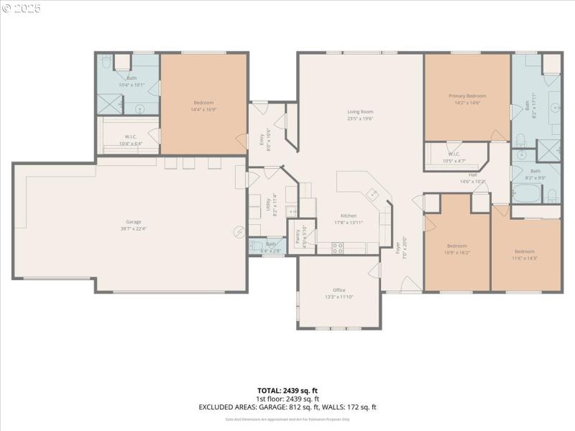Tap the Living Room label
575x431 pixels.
(x=360, y=111)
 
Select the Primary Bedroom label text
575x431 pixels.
(x=467, y=96)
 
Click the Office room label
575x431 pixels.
(x=339, y=289)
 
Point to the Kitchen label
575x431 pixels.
(x=349, y=215)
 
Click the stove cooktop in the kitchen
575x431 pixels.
(x=337, y=248)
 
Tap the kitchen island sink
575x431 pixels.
(x=373, y=193)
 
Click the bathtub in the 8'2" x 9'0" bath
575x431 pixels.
(x=523, y=193)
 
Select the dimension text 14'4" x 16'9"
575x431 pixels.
(x=203, y=110)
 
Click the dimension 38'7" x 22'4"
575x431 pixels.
(x=134, y=229)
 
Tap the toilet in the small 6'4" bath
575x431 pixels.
(x=255, y=246)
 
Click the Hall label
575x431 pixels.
(x=473, y=175)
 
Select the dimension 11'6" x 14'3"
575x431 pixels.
(x=525, y=258)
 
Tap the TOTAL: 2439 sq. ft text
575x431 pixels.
(x=287, y=391)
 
